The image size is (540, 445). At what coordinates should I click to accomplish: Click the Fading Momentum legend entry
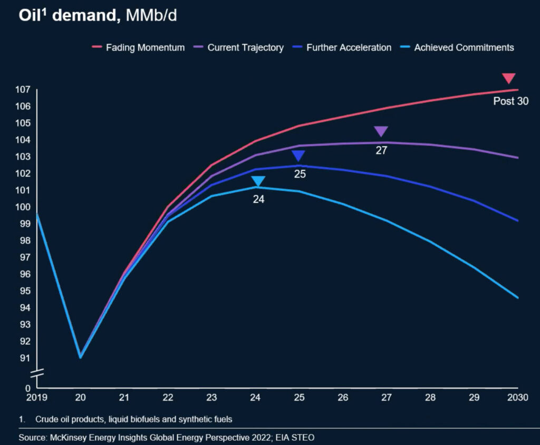pyautogui.click(x=138, y=47)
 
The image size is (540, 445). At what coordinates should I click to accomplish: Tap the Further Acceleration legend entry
pyautogui.click(x=343, y=47)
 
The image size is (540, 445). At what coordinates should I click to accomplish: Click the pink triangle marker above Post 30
pyautogui.click(x=508, y=79)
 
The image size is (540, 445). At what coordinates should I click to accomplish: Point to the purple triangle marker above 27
pyautogui.click(x=381, y=132)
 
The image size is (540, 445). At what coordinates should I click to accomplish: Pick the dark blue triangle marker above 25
pyautogui.click(x=299, y=156)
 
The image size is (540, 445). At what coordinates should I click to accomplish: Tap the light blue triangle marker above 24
pyautogui.click(x=258, y=181)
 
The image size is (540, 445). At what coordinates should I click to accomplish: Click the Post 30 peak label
pyautogui.click(x=510, y=101)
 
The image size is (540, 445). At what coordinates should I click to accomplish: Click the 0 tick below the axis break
pyautogui.click(x=28, y=388)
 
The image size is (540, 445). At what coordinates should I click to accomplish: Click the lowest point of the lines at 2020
pyautogui.click(x=80, y=357)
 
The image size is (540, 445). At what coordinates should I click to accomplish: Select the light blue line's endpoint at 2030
pyautogui.click(x=518, y=298)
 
